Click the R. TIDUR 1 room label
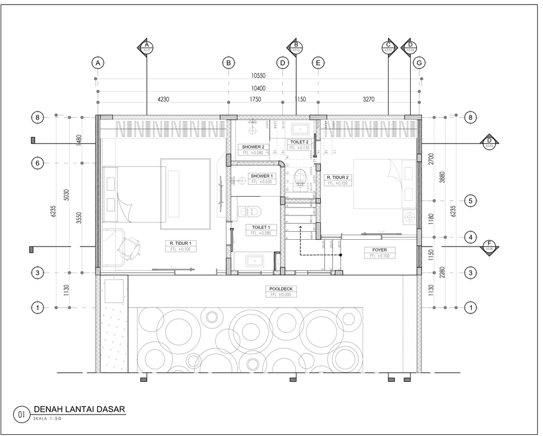[179, 243]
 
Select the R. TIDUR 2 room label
[338, 177]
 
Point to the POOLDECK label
[281, 288]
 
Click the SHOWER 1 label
[261, 176]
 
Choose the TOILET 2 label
[299, 142]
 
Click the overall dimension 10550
[258, 75]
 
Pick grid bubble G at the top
[419, 63]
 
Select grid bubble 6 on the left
[37, 163]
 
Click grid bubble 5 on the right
[469, 201]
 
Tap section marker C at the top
[388, 47]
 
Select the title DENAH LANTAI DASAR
[79, 409]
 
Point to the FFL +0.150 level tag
[338, 184]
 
